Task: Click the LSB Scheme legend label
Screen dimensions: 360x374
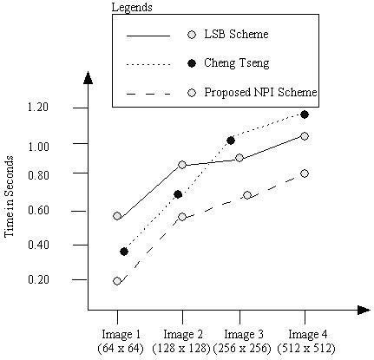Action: pyautogui.click(x=235, y=36)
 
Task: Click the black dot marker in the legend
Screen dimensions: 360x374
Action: pyautogui.click(x=191, y=63)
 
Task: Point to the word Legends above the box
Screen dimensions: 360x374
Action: pyautogui.click(x=133, y=8)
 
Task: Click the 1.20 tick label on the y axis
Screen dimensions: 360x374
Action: pyautogui.click(x=38, y=108)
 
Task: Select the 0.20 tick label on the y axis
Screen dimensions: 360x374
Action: pyautogui.click(x=38, y=279)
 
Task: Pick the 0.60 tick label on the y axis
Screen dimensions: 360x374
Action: pyautogui.click(x=38, y=210)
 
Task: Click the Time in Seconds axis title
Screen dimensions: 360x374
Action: pyautogui.click(x=10, y=203)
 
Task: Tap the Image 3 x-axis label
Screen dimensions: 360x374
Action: pyautogui.click(x=244, y=334)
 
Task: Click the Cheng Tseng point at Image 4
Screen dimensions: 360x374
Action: pyautogui.click(x=305, y=115)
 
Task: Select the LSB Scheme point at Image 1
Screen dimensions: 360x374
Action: pyautogui.click(x=117, y=216)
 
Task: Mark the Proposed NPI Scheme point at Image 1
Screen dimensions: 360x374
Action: pyautogui.click(x=117, y=281)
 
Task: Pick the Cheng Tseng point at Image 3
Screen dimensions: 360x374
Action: pyautogui.click(x=231, y=141)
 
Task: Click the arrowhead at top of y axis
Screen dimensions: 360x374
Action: pyautogui.click(x=88, y=77)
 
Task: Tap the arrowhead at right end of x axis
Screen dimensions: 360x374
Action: pyautogui.click(x=363, y=309)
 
